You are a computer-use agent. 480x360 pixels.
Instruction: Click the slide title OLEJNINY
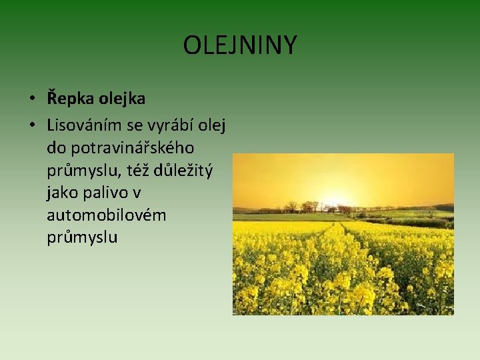coord(240,46)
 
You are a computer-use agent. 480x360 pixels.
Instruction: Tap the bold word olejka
coord(122,99)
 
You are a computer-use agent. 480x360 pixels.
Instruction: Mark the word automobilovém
coord(107,215)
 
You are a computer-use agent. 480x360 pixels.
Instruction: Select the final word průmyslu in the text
coord(82,238)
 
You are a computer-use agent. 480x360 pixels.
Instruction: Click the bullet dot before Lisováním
coord(32,125)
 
